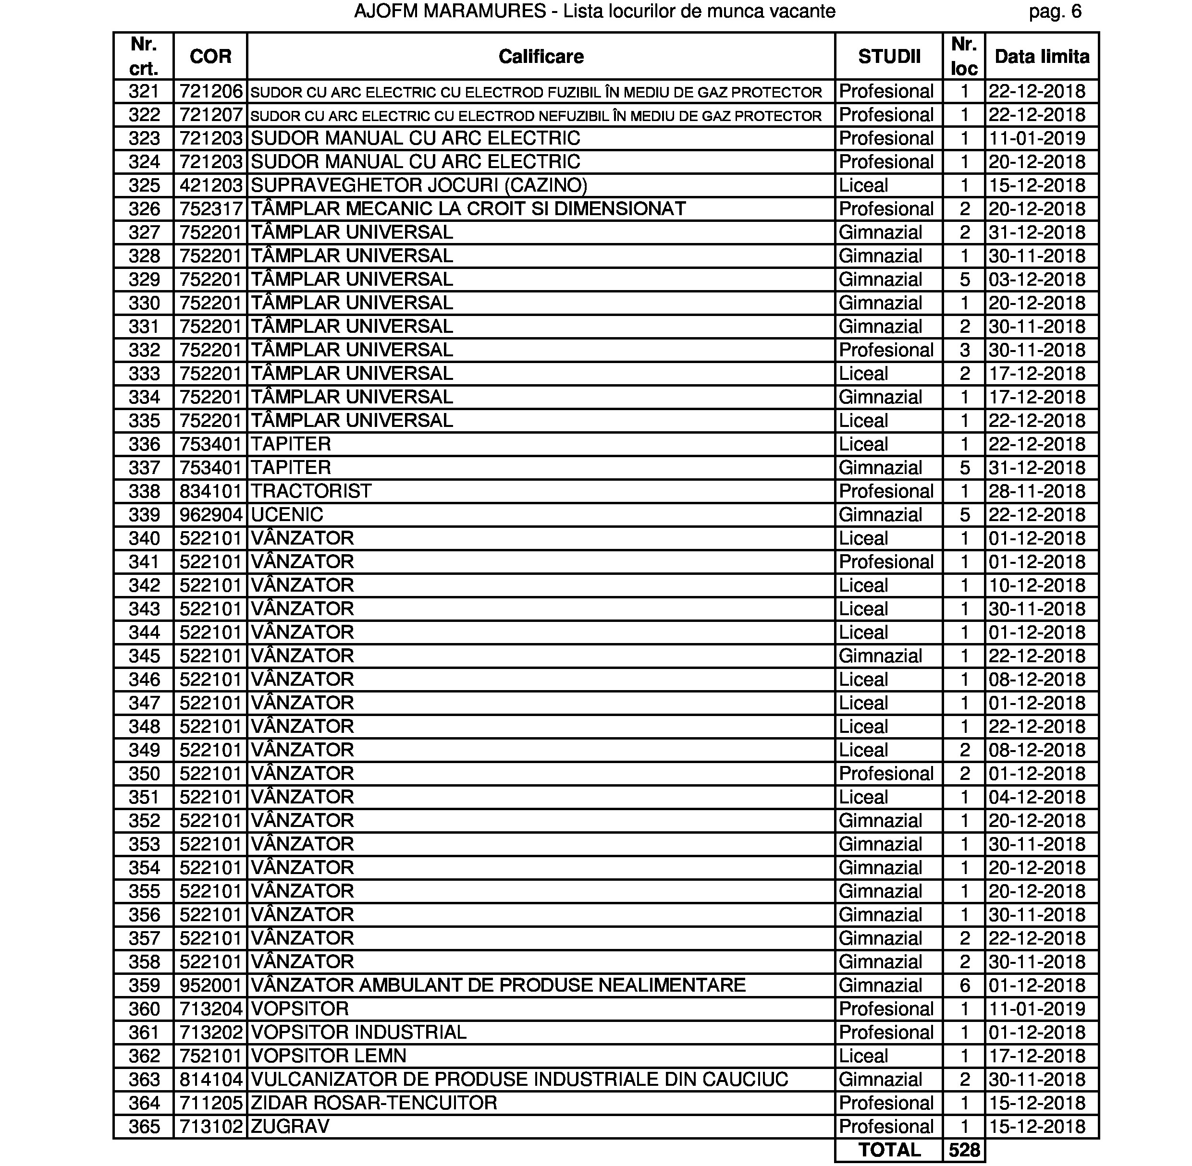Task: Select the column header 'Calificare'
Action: [541, 56]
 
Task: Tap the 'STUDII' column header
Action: [889, 56]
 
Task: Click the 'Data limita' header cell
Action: [1042, 56]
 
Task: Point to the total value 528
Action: [964, 1150]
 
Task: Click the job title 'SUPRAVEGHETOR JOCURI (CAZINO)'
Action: [419, 185]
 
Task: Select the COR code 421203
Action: [211, 185]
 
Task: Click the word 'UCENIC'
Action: [287, 514]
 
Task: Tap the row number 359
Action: [144, 985]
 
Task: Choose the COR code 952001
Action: [211, 985]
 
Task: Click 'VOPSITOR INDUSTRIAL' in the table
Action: [358, 1032]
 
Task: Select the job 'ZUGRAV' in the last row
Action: [290, 1126]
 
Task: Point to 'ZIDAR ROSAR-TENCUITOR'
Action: [374, 1103]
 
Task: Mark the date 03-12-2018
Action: [1036, 279]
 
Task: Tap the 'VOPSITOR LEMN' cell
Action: [328, 1056]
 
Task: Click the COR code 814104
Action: [211, 1080]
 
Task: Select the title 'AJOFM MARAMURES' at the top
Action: [450, 11]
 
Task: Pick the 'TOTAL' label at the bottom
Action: [889, 1150]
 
